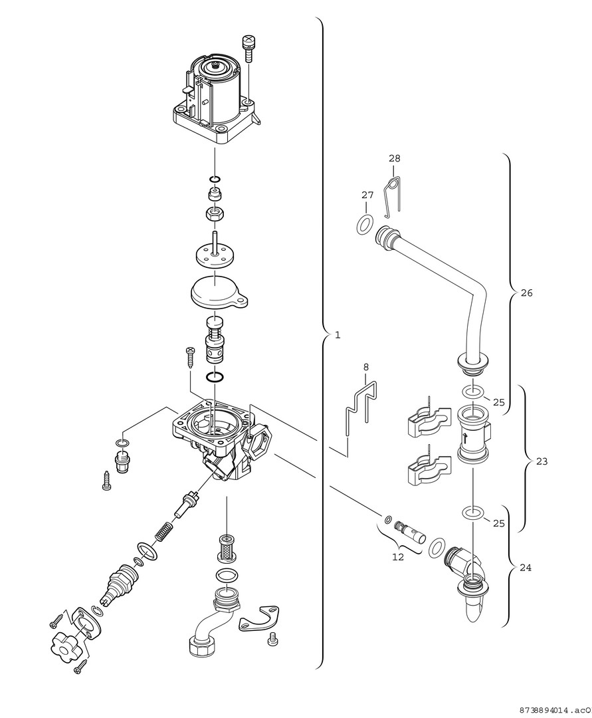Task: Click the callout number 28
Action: pyautogui.click(x=395, y=159)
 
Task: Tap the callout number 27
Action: pyautogui.click(x=368, y=195)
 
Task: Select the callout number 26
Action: pyautogui.click(x=526, y=293)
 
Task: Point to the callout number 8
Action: pyautogui.click(x=365, y=367)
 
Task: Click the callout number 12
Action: pyautogui.click(x=397, y=557)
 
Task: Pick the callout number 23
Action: pyautogui.click(x=542, y=461)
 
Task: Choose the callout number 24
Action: pyautogui.click(x=526, y=568)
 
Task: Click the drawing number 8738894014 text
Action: pyautogui.click(x=555, y=709)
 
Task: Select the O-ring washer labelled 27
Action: pyautogui.click(x=364, y=225)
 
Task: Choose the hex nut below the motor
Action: pyautogui.click(x=215, y=214)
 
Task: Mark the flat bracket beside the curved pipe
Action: pyautogui.click(x=260, y=618)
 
